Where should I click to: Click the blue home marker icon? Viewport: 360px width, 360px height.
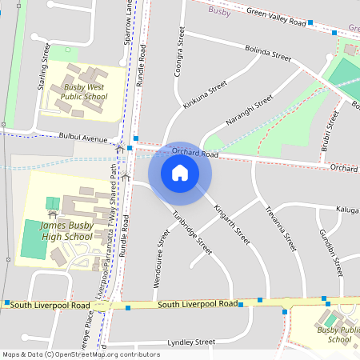(180, 173)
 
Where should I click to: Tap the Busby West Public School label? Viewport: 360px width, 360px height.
(86, 91)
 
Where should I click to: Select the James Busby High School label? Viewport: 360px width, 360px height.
(66, 231)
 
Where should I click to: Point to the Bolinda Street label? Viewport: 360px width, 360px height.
(268, 53)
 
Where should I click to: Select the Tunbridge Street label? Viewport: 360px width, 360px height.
(193, 233)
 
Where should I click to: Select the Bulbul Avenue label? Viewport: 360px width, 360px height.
(86, 138)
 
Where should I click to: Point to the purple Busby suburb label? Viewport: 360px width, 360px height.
(218, 10)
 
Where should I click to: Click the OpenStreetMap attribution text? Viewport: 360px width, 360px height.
(80, 354)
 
